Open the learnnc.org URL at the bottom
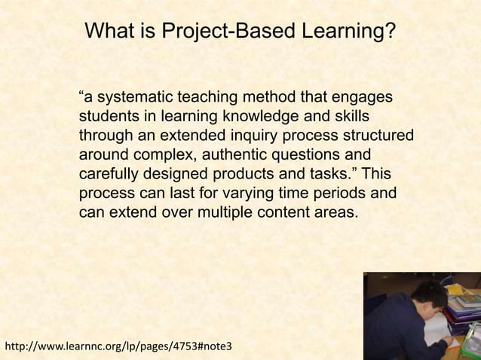119,347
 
